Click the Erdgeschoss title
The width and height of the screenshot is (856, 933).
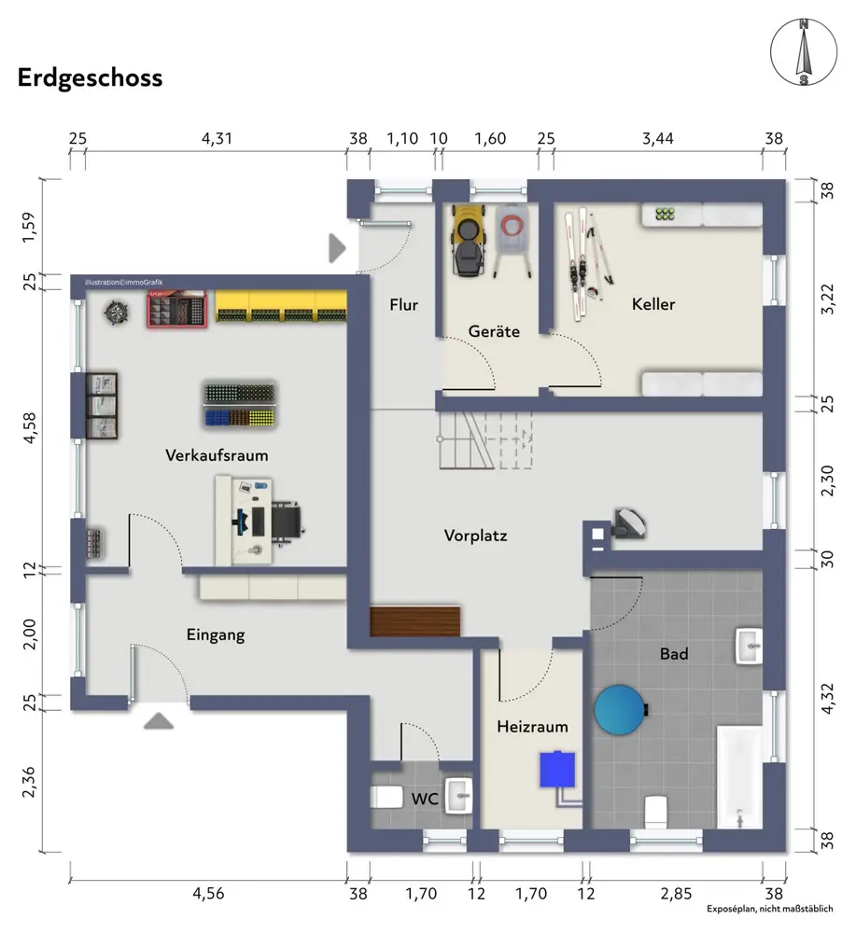pos(90,78)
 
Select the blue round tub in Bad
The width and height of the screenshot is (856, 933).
pos(620,709)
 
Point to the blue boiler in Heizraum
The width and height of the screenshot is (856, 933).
pos(558,770)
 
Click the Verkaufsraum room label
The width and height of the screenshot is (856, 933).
pos(217,455)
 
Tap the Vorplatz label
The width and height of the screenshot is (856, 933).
pos(476,536)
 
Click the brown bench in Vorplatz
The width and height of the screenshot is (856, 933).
pos(414,621)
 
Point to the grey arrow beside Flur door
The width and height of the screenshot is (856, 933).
pos(337,247)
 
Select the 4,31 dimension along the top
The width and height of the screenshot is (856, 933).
pos(217,139)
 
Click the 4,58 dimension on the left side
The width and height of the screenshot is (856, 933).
pos(29,428)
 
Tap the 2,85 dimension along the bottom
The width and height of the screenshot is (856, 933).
pos(676,893)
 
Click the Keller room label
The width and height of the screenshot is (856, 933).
pos(653,304)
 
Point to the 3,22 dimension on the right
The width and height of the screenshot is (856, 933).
pos(827,299)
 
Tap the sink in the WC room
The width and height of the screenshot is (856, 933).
pos(459,796)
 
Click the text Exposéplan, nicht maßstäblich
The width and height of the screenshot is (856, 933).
pos(770,909)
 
